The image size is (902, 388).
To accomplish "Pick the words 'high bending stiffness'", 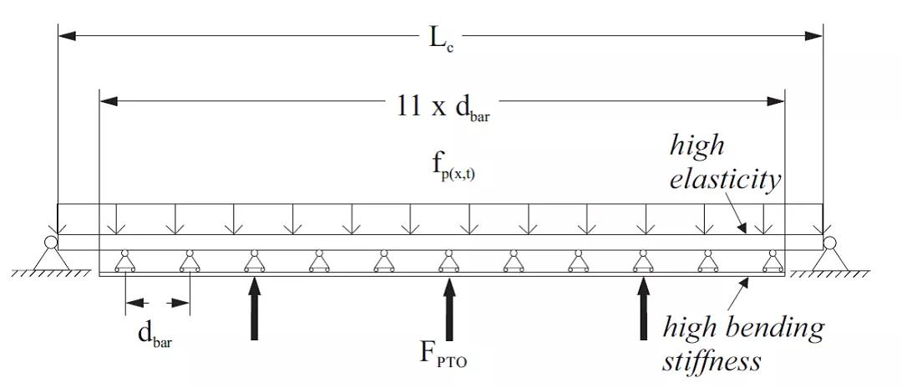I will [742, 343].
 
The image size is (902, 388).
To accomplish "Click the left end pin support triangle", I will [52, 256].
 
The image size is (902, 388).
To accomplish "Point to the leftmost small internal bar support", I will [125, 262].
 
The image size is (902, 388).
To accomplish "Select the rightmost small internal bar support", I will [773, 262].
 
